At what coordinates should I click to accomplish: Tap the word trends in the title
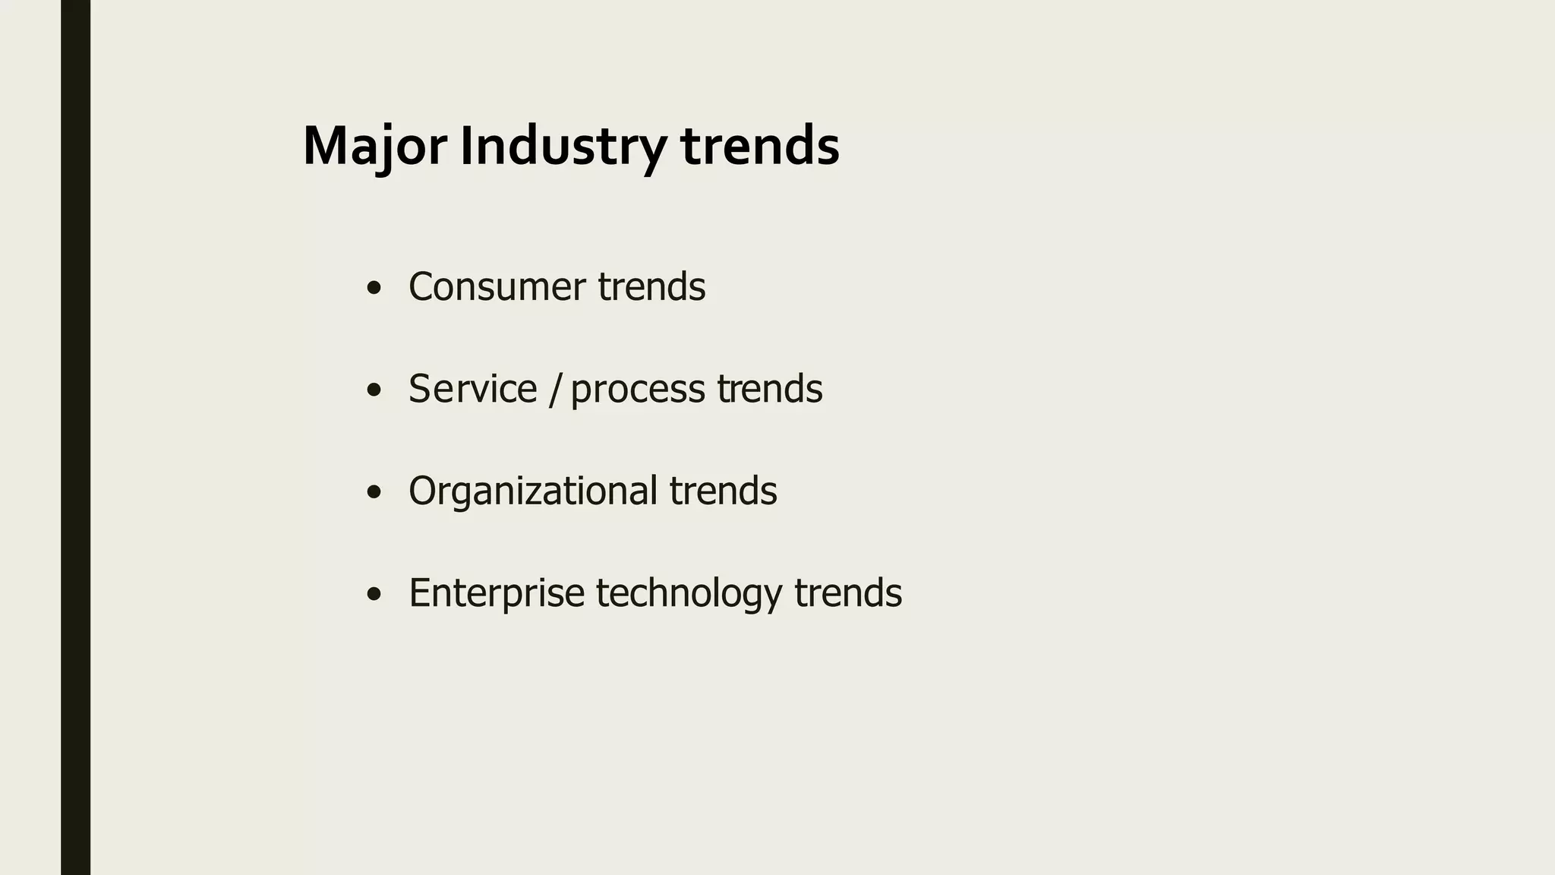tap(760, 146)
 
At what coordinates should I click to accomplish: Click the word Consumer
tap(497, 287)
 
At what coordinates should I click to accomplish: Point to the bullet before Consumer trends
tap(373, 289)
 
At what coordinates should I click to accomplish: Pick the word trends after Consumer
tap(651, 287)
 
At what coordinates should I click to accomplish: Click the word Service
tap(472, 389)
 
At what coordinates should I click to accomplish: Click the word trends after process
tap(769, 389)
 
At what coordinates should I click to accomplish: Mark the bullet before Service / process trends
tap(373, 390)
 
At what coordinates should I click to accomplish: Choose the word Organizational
tap(533, 491)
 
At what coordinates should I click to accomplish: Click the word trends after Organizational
tap(723, 491)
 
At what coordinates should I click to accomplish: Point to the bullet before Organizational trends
tap(373, 492)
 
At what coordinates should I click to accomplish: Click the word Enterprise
tap(497, 593)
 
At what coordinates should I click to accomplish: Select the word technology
tap(689, 593)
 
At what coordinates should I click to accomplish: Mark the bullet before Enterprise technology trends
tap(373, 594)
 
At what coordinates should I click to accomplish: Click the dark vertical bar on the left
tap(75, 437)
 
